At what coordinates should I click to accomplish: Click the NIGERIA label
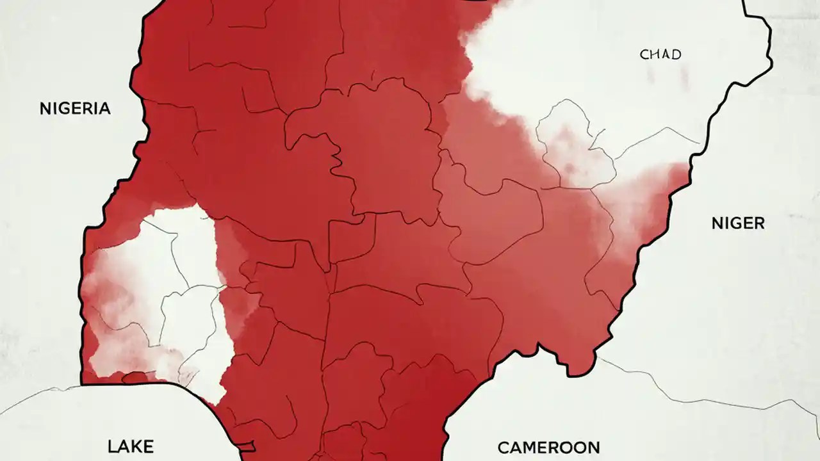tap(75, 108)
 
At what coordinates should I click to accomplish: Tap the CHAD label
tap(660, 54)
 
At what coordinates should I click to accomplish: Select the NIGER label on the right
tap(738, 223)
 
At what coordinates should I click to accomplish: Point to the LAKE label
tap(131, 446)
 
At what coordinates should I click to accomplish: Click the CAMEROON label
tap(548, 447)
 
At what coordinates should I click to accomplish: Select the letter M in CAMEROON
tap(532, 447)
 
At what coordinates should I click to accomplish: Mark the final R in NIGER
tap(758, 223)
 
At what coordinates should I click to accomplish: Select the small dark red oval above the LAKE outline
tap(135, 378)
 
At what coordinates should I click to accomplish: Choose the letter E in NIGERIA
tap(76, 108)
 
